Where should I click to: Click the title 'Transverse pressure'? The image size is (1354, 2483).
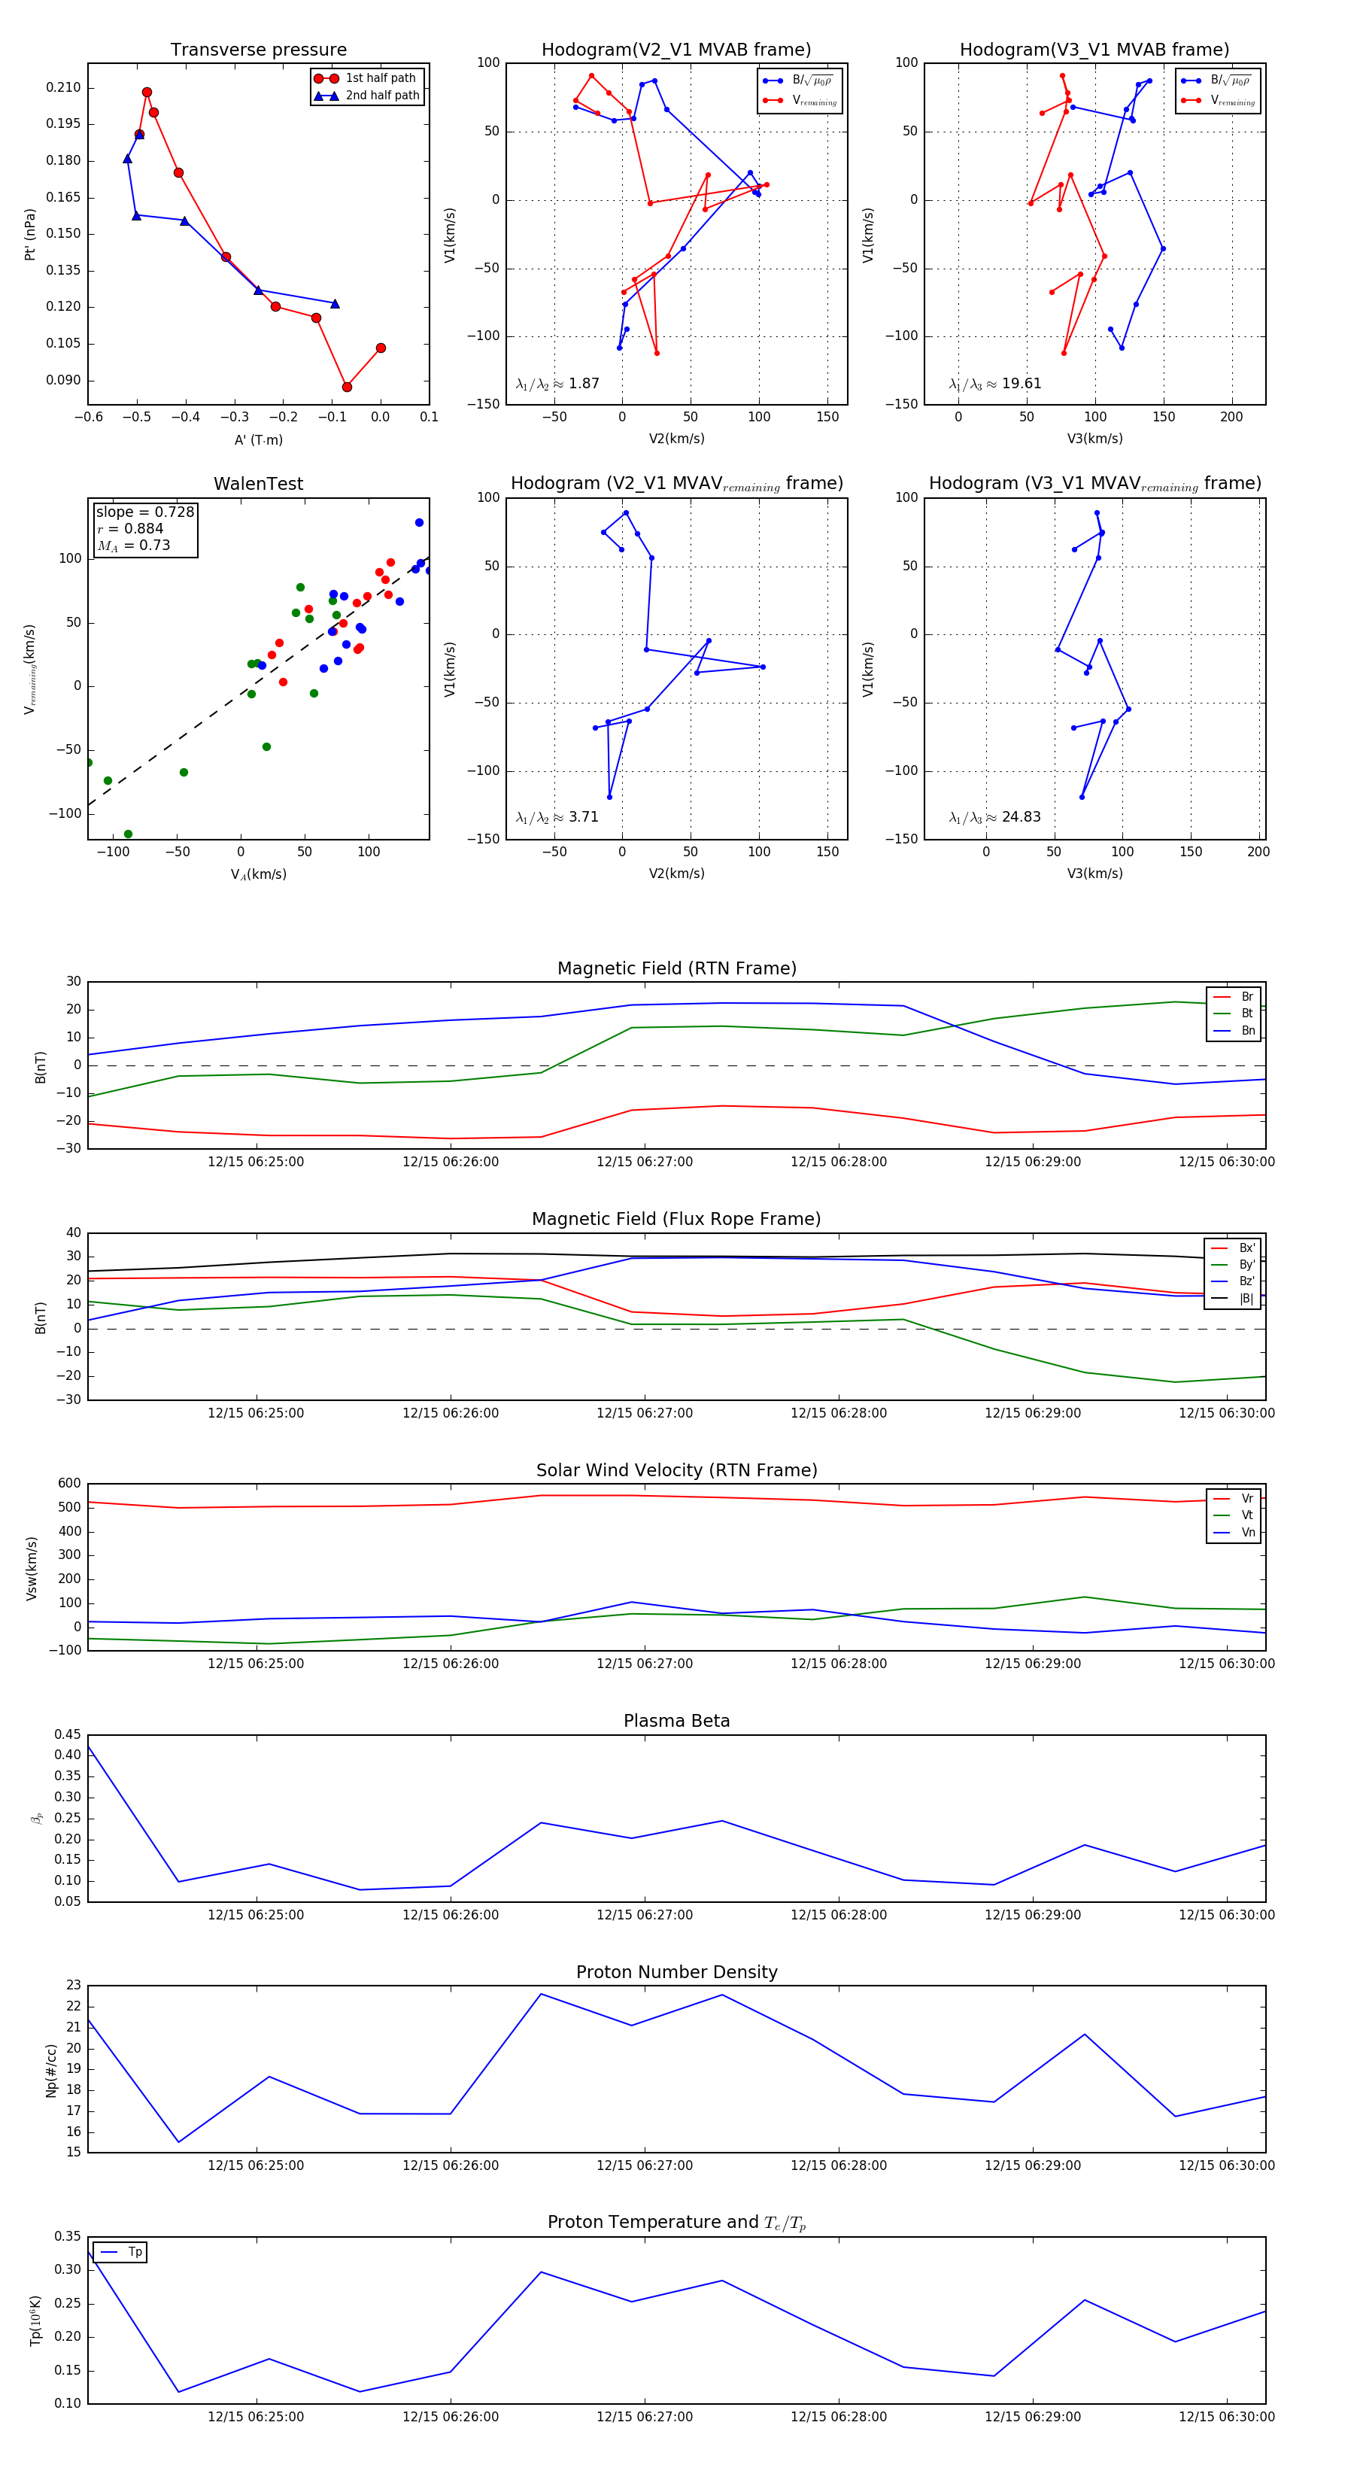coord(258,50)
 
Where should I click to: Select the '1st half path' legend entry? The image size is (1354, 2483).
coord(380,78)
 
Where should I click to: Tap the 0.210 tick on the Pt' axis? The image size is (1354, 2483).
coord(64,88)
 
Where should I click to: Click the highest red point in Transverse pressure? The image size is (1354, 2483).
coord(147,93)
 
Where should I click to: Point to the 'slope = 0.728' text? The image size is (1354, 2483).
coord(144,512)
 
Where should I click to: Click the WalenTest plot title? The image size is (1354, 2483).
coord(258,484)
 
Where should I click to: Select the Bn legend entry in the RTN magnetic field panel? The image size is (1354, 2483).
coord(1247,1030)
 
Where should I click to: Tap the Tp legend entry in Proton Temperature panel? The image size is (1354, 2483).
coord(135,2252)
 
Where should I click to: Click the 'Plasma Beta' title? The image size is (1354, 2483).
coord(676,1721)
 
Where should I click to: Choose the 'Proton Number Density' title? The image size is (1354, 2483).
coord(676,1972)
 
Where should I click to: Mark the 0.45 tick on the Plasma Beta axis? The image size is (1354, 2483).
coord(68,1734)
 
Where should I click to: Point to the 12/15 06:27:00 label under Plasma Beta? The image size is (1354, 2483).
coord(644,1914)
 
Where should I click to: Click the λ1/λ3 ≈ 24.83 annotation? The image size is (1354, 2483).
coord(994,817)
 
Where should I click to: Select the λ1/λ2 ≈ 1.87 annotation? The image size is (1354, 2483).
coord(557,384)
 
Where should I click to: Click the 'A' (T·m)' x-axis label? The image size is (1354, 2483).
coord(258,439)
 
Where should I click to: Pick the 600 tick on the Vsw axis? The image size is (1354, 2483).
coord(69,1484)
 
